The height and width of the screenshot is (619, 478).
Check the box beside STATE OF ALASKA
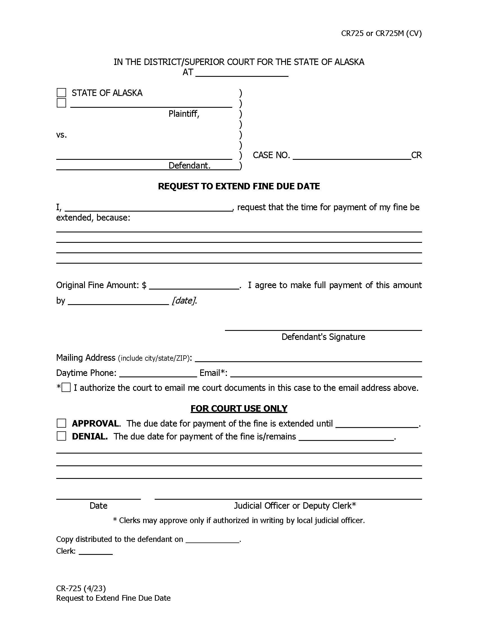click(62, 93)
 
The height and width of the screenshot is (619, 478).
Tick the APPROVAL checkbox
click(62, 423)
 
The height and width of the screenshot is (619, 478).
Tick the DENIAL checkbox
click(62, 436)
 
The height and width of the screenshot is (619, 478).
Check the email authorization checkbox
click(66, 387)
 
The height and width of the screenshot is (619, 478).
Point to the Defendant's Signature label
click(323, 337)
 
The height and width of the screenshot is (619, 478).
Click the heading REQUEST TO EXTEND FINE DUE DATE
click(239, 186)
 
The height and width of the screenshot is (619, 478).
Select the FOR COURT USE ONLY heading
click(239, 409)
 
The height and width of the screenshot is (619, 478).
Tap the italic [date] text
click(184, 300)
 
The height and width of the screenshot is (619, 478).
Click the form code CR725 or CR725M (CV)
click(381, 33)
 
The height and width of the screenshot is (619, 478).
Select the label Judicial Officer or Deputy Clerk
click(294, 506)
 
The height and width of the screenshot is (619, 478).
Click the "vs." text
click(62, 135)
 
